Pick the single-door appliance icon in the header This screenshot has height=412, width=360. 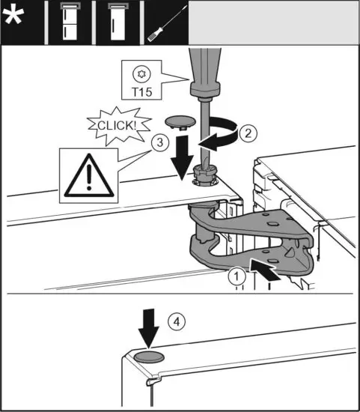pyautogui.click(x=114, y=22)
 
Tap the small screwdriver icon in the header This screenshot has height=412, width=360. pyautogui.click(x=162, y=22)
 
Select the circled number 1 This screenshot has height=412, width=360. pyautogui.click(x=237, y=276)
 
